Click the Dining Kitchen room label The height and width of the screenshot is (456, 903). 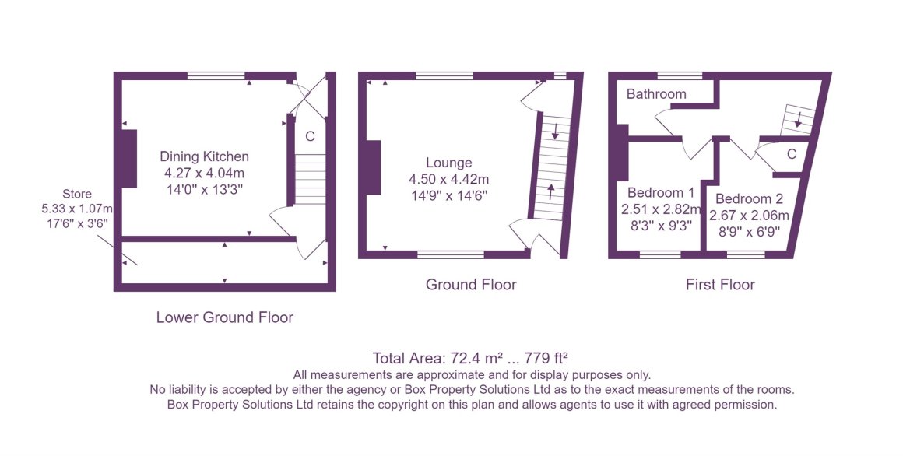[205, 156]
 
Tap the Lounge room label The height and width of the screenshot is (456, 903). [448, 163]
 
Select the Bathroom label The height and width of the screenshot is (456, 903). [656, 94]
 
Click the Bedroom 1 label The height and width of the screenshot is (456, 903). [661, 192]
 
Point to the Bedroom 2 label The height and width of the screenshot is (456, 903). [749, 199]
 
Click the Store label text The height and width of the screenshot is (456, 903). [77, 195]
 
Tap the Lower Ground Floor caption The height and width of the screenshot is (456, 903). [225, 317]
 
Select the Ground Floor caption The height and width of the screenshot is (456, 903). [471, 285]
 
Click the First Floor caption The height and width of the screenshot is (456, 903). [720, 285]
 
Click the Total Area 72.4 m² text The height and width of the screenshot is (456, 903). [436, 358]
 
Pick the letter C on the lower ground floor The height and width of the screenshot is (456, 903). [310, 136]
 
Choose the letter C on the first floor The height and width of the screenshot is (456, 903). [792, 154]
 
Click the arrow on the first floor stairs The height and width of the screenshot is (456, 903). [798, 121]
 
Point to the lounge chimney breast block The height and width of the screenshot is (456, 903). [374, 169]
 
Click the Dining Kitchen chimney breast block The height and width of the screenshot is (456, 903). [129, 159]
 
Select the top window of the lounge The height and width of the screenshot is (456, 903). [444, 75]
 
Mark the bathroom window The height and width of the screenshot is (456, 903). [680, 75]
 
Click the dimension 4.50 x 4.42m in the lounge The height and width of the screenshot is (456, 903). [448, 179]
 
